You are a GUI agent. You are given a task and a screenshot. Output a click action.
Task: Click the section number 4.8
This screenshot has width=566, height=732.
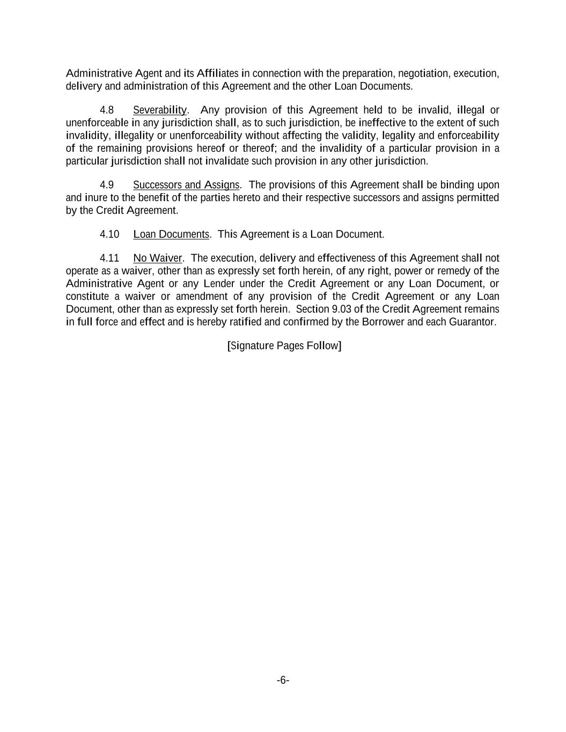(107, 110)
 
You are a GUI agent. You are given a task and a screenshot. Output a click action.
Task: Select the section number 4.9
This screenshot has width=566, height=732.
(107, 185)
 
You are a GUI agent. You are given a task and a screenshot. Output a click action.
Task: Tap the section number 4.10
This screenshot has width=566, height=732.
(109, 234)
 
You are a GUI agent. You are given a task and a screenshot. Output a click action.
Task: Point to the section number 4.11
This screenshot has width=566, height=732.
(109, 258)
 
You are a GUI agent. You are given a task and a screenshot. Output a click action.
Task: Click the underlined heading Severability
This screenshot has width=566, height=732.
(160, 110)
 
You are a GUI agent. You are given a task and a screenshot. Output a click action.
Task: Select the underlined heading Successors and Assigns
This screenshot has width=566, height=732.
(186, 185)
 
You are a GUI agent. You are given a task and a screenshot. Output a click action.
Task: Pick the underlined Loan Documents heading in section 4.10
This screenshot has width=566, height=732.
(171, 234)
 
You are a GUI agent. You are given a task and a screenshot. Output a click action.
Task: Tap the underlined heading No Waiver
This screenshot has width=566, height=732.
(158, 258)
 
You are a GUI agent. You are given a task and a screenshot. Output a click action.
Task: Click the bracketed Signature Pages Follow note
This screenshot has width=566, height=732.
(284, 345)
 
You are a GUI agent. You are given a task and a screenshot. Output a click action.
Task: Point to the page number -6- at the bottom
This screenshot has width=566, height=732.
(283, 681)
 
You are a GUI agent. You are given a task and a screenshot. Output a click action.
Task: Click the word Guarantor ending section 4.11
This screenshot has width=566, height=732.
(474, 322)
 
